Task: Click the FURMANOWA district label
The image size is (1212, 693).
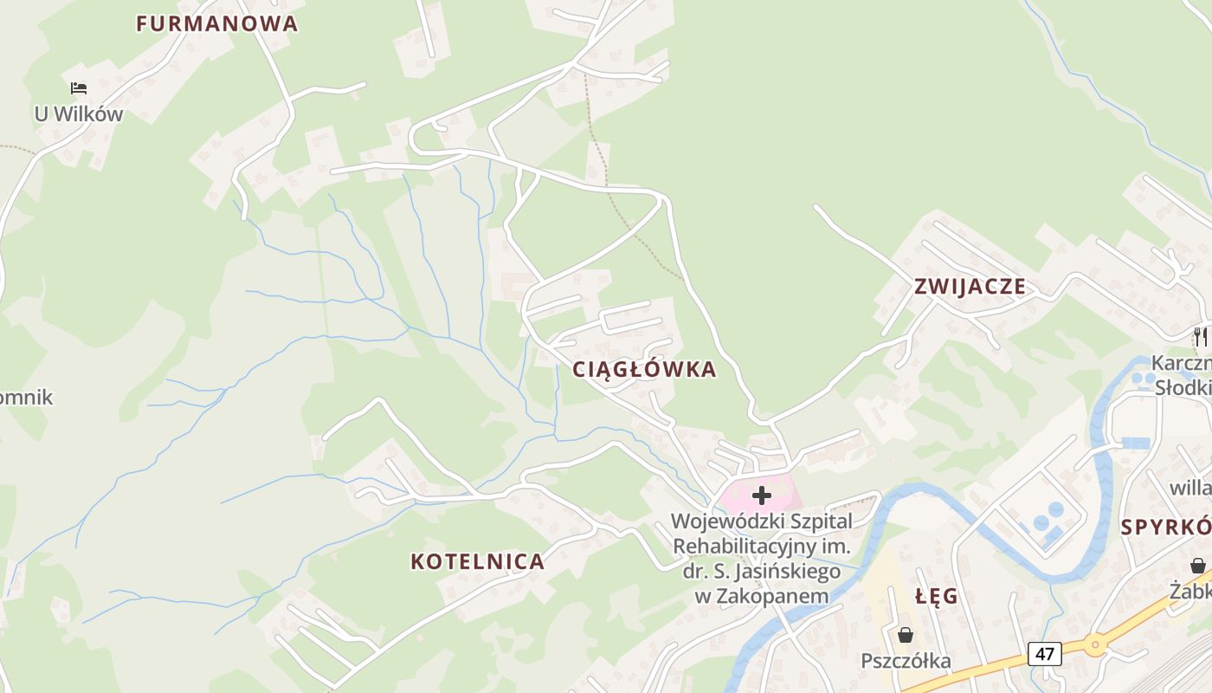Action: [216, 24]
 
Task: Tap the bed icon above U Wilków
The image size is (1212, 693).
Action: [79, 88]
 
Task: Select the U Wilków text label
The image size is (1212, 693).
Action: [79, 113]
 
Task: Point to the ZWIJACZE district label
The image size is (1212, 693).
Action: [970, 287]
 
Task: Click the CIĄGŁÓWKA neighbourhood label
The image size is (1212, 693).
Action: [644, 370]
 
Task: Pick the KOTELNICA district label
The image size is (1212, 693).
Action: [477, 561]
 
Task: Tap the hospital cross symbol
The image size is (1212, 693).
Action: [762, 495]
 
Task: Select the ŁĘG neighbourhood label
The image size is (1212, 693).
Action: [937, 596]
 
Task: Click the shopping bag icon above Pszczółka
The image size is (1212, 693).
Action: [906, 636]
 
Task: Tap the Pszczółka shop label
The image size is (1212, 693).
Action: [906, 661]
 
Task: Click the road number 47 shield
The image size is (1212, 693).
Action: [1045, 653]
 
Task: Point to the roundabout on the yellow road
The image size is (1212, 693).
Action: [1096, 644]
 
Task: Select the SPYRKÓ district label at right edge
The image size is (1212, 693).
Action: [1165, 527]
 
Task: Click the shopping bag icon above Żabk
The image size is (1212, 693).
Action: [1198, 566]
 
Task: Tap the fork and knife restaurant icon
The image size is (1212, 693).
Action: [1200, 336]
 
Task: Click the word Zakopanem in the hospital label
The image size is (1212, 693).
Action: [783, 596]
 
